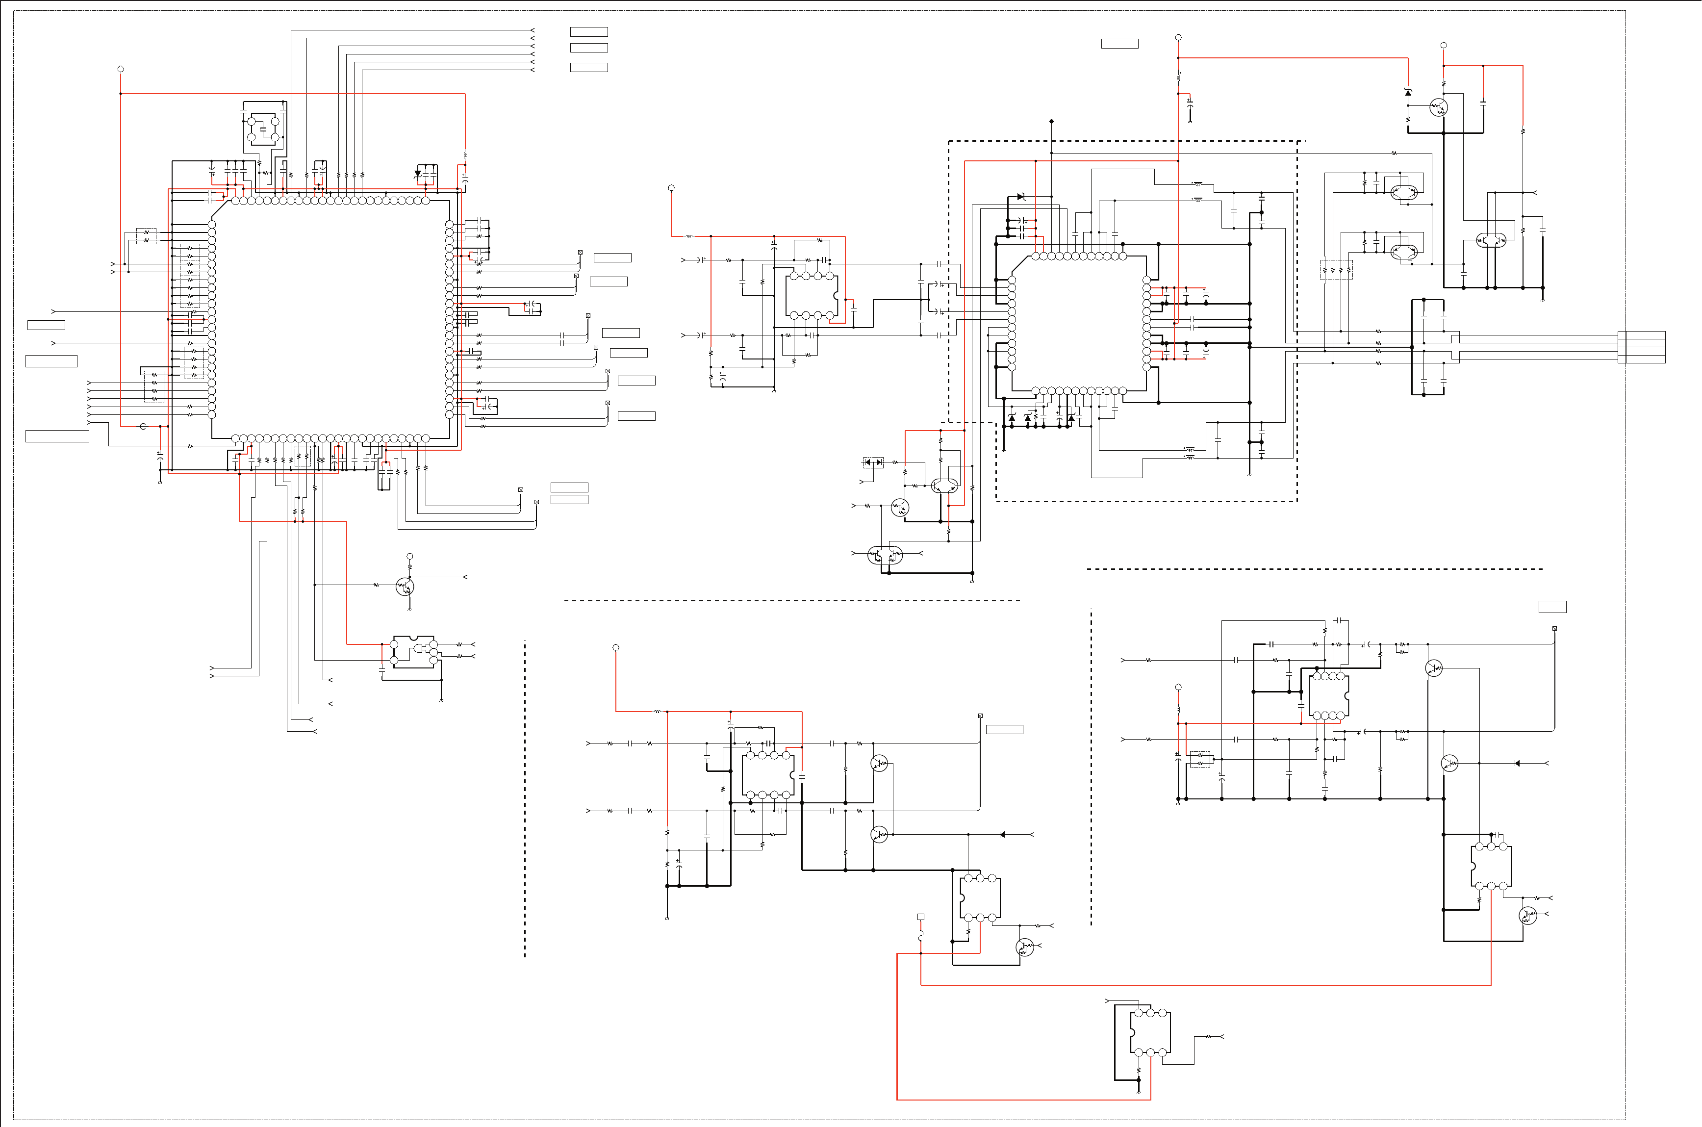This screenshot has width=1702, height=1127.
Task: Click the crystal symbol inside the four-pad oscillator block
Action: [x=263, y=129]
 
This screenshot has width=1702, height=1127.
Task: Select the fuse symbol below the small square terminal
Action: [x=920, y=936]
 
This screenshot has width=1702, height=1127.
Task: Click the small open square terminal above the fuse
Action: [x=920, y=917]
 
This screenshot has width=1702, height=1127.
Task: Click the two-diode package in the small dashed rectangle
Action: [x=873, y=462]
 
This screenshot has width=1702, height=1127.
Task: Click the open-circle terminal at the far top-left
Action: [x=121, y=69]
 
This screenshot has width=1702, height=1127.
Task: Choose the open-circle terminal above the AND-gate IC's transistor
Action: [x=409, y=556]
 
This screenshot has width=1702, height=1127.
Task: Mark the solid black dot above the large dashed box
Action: [x=1051, y=122]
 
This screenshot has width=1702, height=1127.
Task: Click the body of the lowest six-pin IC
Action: [x=1150, y=1032]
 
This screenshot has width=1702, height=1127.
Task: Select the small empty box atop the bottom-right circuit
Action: [x=1552, y=607]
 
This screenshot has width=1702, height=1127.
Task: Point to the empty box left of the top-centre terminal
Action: [x=1119, y=44]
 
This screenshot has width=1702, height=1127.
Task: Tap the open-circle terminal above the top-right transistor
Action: [x=1444, y=45]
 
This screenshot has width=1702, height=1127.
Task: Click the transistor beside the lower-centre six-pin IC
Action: [x=1024, y=947]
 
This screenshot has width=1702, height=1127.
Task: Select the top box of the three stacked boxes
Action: [x=588, y=31]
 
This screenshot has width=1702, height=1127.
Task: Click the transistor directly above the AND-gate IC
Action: [x=405, y=587]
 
